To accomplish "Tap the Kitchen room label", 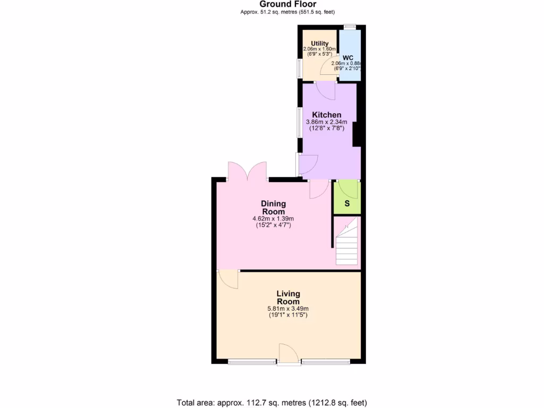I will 326,115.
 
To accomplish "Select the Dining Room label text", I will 273,207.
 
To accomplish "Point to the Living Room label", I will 288,297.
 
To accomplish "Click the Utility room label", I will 319,44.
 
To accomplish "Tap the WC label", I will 347,57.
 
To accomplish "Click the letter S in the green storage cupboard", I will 347,203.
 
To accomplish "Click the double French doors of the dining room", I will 247,171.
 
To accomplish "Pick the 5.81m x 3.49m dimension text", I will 288,309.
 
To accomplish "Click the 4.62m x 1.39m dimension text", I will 273,218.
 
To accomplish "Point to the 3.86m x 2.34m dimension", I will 326,122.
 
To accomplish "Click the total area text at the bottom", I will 271,402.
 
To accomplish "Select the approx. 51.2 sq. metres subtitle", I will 287,12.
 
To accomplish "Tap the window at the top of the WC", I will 350,27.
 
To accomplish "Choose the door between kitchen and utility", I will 325,90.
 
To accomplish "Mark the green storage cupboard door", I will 348,189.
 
